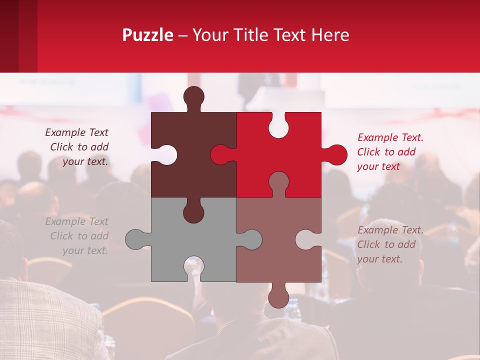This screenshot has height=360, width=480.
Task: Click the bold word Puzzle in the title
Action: click(147, 35)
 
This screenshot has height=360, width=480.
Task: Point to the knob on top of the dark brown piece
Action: click(194, 97)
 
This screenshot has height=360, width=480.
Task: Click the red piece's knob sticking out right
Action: click(336, 154)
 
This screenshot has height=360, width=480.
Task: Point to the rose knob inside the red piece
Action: click(278, 182)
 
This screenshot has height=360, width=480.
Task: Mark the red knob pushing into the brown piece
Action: click(221, 154)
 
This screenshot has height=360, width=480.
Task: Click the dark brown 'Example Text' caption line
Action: click(76, 132)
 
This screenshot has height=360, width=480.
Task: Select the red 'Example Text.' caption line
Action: click(390, 137)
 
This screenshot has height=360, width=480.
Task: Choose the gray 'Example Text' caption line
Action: click(76, 221)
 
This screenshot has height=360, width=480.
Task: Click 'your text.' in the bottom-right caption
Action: click(379, 259)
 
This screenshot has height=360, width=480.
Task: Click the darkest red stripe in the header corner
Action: click(9, 36)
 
